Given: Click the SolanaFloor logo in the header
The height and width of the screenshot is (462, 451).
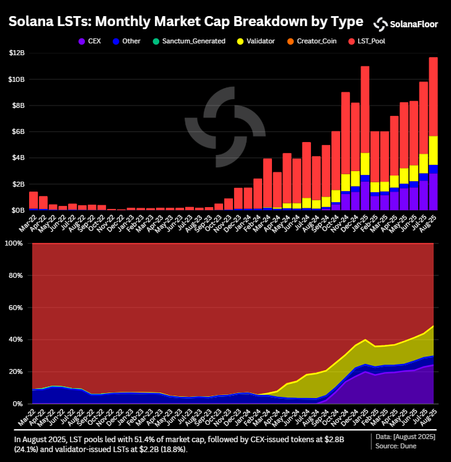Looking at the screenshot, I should point(405,24).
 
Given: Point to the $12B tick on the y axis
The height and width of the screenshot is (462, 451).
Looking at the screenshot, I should point(17,53).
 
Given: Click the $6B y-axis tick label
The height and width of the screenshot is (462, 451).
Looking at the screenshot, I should point(19,132).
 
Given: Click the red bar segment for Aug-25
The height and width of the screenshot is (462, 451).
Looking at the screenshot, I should point(433,96).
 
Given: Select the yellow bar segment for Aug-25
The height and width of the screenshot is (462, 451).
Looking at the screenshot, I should point(433,150).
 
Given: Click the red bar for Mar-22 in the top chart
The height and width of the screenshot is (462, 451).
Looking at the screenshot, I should point(33,200).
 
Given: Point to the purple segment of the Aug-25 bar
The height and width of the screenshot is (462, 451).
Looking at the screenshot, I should point(433,192).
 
